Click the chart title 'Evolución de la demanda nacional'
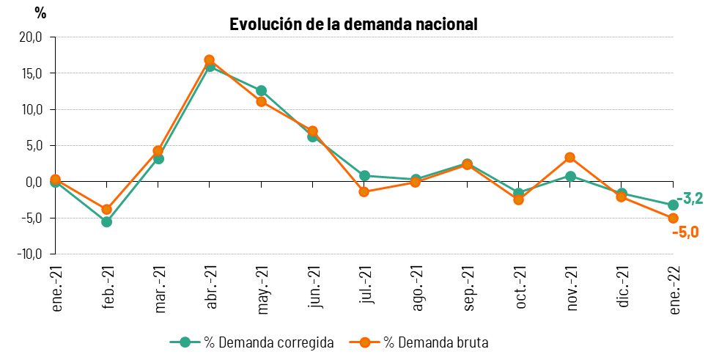[353, 24]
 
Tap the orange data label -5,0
[685, 232]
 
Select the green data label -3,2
[690, 199]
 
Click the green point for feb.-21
[106, 221]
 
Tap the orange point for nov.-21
[570, 157]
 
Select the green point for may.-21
[261, 91]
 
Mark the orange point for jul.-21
[364, 192]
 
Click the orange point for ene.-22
[673, 218]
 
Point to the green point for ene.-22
[673, 205]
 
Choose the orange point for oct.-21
[519, 199]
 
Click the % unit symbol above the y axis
[40, 13]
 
